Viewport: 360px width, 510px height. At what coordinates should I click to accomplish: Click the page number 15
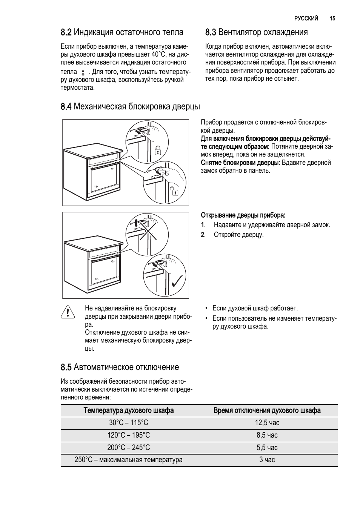click(332, 18)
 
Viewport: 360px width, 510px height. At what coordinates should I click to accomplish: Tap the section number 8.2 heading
click(66, 32)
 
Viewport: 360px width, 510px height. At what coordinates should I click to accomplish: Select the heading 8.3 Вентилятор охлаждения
click(256, 32)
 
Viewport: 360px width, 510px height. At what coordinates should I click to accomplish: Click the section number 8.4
click(66, 107)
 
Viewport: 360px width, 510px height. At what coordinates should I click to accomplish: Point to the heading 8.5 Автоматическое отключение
click(120, 367)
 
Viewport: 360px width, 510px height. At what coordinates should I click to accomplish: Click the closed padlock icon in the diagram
click(158, 151)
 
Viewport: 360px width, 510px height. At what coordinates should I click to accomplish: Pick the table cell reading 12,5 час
click(267, 423)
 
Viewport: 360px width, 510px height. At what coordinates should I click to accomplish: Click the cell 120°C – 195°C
click(129, 435)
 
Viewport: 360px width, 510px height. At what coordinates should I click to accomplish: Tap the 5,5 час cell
click(267, 448)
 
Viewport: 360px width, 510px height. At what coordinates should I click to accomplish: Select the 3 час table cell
click(267, 460)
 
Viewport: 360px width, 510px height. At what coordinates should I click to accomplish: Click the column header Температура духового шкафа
click(129, 410)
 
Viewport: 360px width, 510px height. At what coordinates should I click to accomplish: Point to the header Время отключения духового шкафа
click(267, 410)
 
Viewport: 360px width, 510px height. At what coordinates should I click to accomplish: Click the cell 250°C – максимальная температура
click(129, 460)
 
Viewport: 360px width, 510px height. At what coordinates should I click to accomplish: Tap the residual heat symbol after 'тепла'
click(83, 72)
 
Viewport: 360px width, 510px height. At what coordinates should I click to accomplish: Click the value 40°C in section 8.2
click(164, 54)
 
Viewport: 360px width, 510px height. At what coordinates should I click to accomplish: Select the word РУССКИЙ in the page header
click(306, 18)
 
